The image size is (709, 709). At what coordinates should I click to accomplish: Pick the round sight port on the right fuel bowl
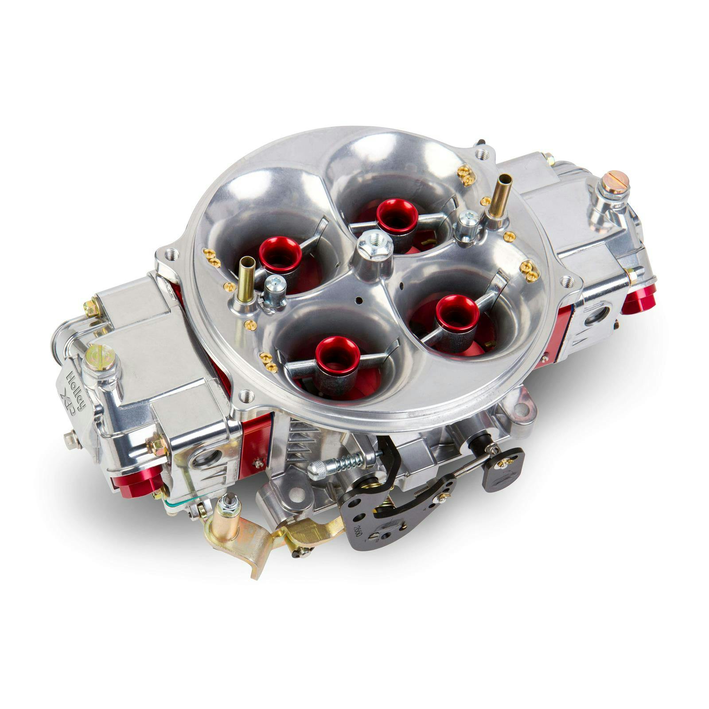596,314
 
